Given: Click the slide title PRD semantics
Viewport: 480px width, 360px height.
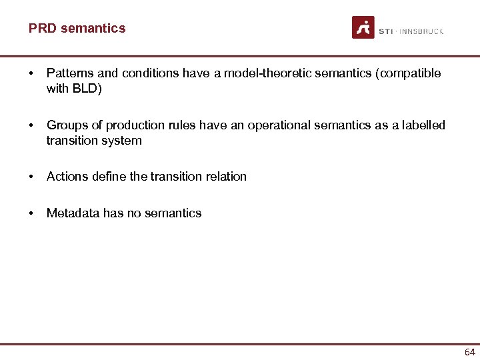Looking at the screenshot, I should point(77,28).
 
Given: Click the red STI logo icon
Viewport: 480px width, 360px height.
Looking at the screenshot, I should point(363,27).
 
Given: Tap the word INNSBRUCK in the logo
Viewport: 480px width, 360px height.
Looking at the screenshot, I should point(421,31).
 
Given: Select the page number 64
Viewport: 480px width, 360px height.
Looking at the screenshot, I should point(470,351).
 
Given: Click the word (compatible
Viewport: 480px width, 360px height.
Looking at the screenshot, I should point(409,73).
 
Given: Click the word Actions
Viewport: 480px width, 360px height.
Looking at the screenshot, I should point(66,177).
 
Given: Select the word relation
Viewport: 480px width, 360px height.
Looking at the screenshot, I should point(225,177).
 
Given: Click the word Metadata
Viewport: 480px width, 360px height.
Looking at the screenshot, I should point(73,213).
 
